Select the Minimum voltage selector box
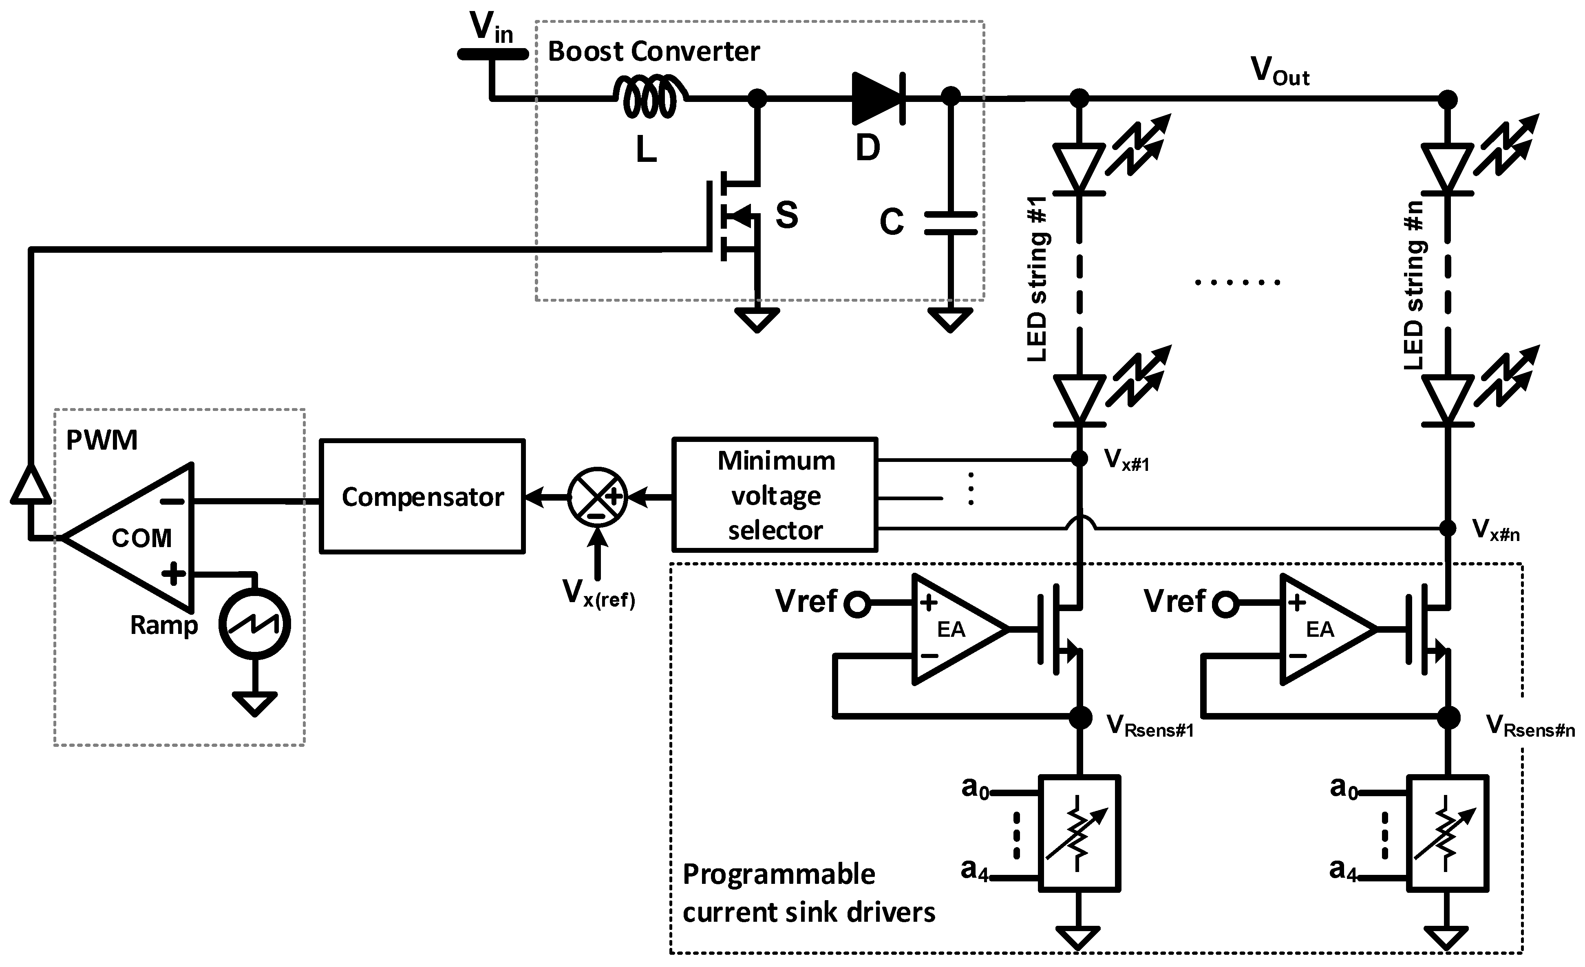point(775,495)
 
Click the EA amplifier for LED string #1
point(952,629)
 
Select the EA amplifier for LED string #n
point(1320,629)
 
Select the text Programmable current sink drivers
point(808,894)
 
